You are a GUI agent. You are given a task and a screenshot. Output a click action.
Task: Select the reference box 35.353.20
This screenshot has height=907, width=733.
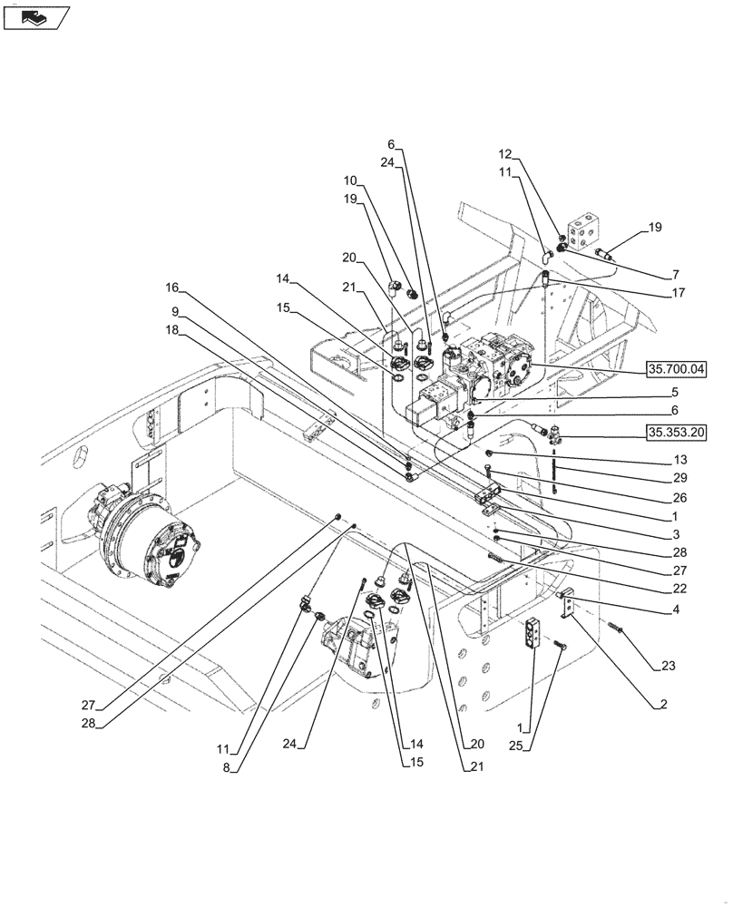[x=677, y=432]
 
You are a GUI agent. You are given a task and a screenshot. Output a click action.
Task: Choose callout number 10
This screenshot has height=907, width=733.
[x=351, y=180]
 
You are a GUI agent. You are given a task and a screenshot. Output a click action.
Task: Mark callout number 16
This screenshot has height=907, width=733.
[x=171, y=289]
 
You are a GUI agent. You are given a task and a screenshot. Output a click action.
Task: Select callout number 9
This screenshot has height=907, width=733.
[x=172, y=311]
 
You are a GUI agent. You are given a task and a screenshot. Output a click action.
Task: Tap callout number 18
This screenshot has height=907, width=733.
[x=172, y=333]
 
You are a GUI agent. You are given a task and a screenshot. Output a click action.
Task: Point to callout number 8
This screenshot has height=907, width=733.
[x=227, y=767]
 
